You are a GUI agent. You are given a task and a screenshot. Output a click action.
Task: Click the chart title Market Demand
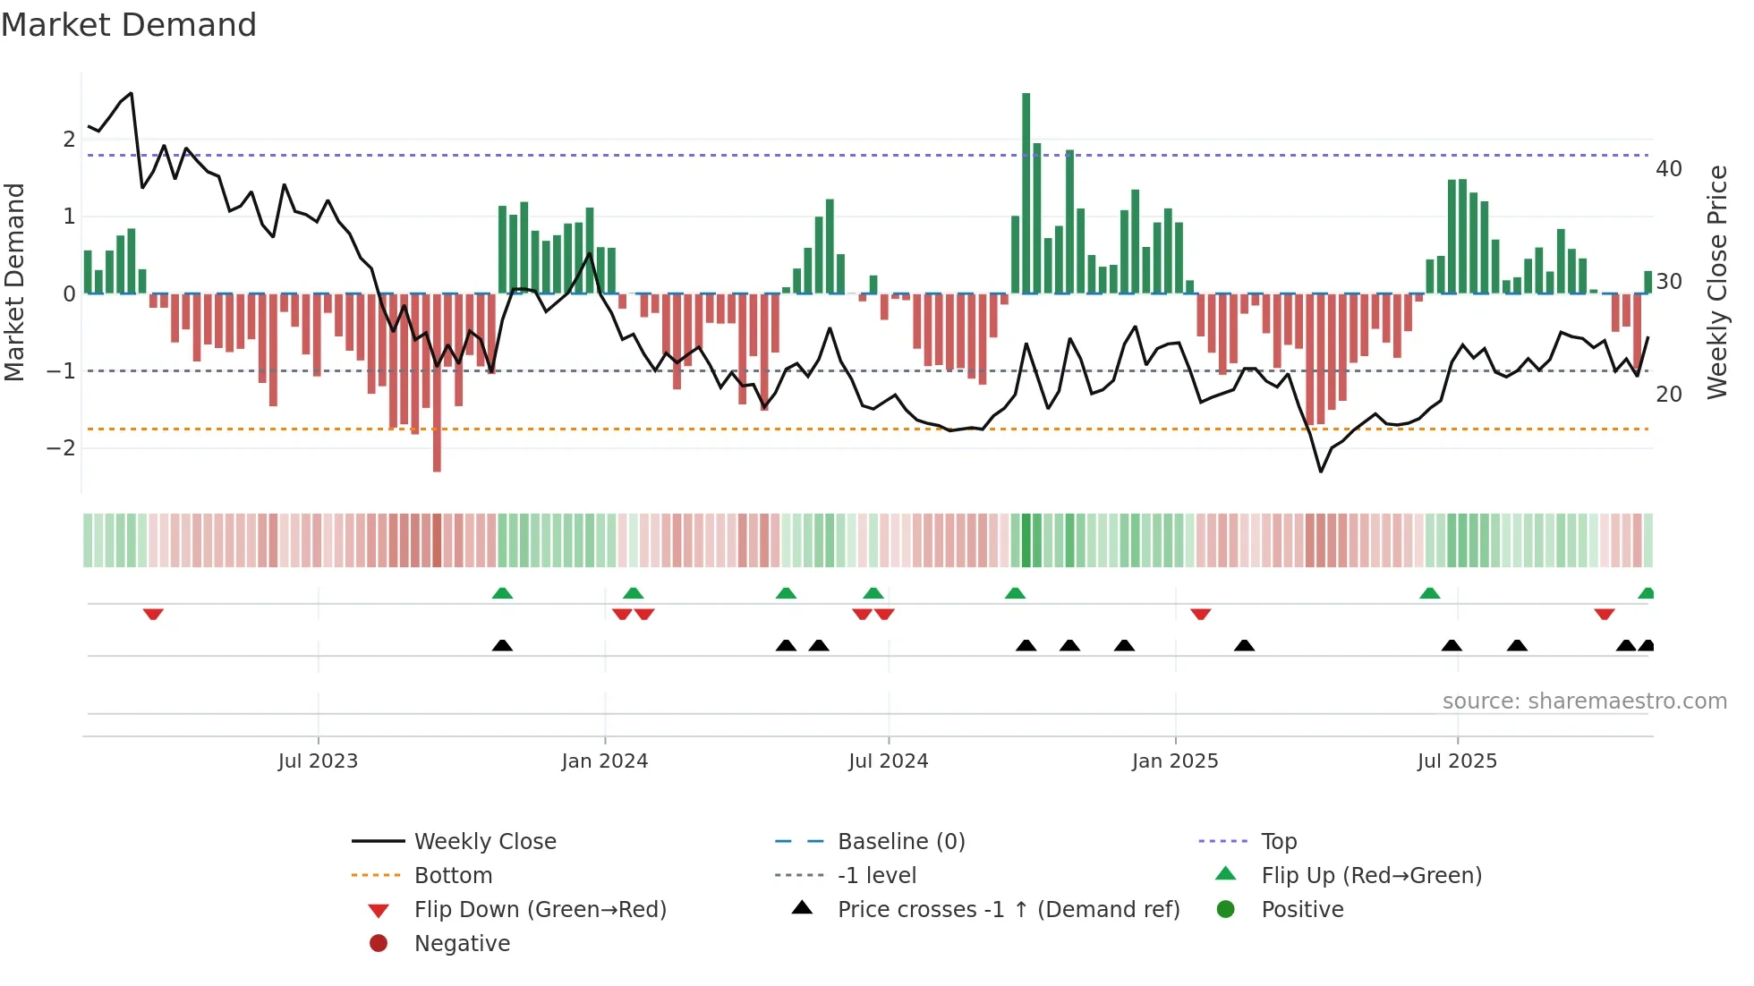tap(129, 25)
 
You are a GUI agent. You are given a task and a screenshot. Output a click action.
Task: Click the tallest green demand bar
tap(1026, 192)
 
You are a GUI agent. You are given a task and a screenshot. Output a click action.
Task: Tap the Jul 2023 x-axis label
tap(318, 761)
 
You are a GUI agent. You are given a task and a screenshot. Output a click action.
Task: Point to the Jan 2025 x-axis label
tap(1174, 761)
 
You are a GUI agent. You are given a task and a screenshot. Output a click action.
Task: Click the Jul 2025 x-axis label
tap(1457, 761)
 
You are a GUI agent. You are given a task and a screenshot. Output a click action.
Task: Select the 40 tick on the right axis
tap(1669, 169)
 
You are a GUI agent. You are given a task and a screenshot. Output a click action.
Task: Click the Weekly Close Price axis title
tap(1717, 282)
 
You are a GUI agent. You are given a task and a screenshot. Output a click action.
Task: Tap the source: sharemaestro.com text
tap(1584, 701)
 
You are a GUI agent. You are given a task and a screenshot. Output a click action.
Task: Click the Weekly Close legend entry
tap(484, 842)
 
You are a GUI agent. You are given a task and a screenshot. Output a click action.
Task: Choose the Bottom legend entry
tap(453, 876)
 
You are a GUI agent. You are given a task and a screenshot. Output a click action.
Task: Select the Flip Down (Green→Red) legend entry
tap(540, 910)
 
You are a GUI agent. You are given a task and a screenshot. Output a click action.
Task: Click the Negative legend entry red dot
tap(379, 944)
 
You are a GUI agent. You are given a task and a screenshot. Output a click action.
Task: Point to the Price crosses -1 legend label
tap(1008, 910)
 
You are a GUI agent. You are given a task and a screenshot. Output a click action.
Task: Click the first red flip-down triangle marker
tap(153, 614)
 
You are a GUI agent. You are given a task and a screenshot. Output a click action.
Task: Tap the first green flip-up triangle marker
tap(502, 593)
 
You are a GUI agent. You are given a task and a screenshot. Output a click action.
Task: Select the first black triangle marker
tap(502, 645)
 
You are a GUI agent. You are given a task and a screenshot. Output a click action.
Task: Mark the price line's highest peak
tap(132, 93)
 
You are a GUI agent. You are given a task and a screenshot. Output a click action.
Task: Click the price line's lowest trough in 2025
tap(1321, 472)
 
